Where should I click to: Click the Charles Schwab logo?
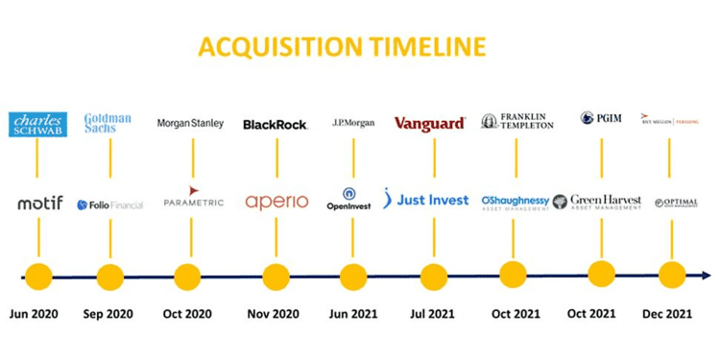click(37, 124)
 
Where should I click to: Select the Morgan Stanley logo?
click(190, 123)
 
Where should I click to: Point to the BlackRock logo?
click(275, 124)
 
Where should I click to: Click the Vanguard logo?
click(430, 123)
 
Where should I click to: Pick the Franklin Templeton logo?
click(517, 122)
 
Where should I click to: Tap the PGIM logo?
click(602, 119)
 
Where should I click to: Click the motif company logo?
click(39, 203)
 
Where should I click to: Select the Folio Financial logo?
click(109, 204)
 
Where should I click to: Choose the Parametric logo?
click(193, 199)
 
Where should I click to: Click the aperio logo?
click(276, 202)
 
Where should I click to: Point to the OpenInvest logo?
click(348, 200)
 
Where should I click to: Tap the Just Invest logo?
click(426, 200)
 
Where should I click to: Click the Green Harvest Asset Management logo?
click(597, 202)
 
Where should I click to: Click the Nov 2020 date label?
click(275, 313)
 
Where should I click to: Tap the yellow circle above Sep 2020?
click(110, 276)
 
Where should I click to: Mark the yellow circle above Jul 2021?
click(433, 276)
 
